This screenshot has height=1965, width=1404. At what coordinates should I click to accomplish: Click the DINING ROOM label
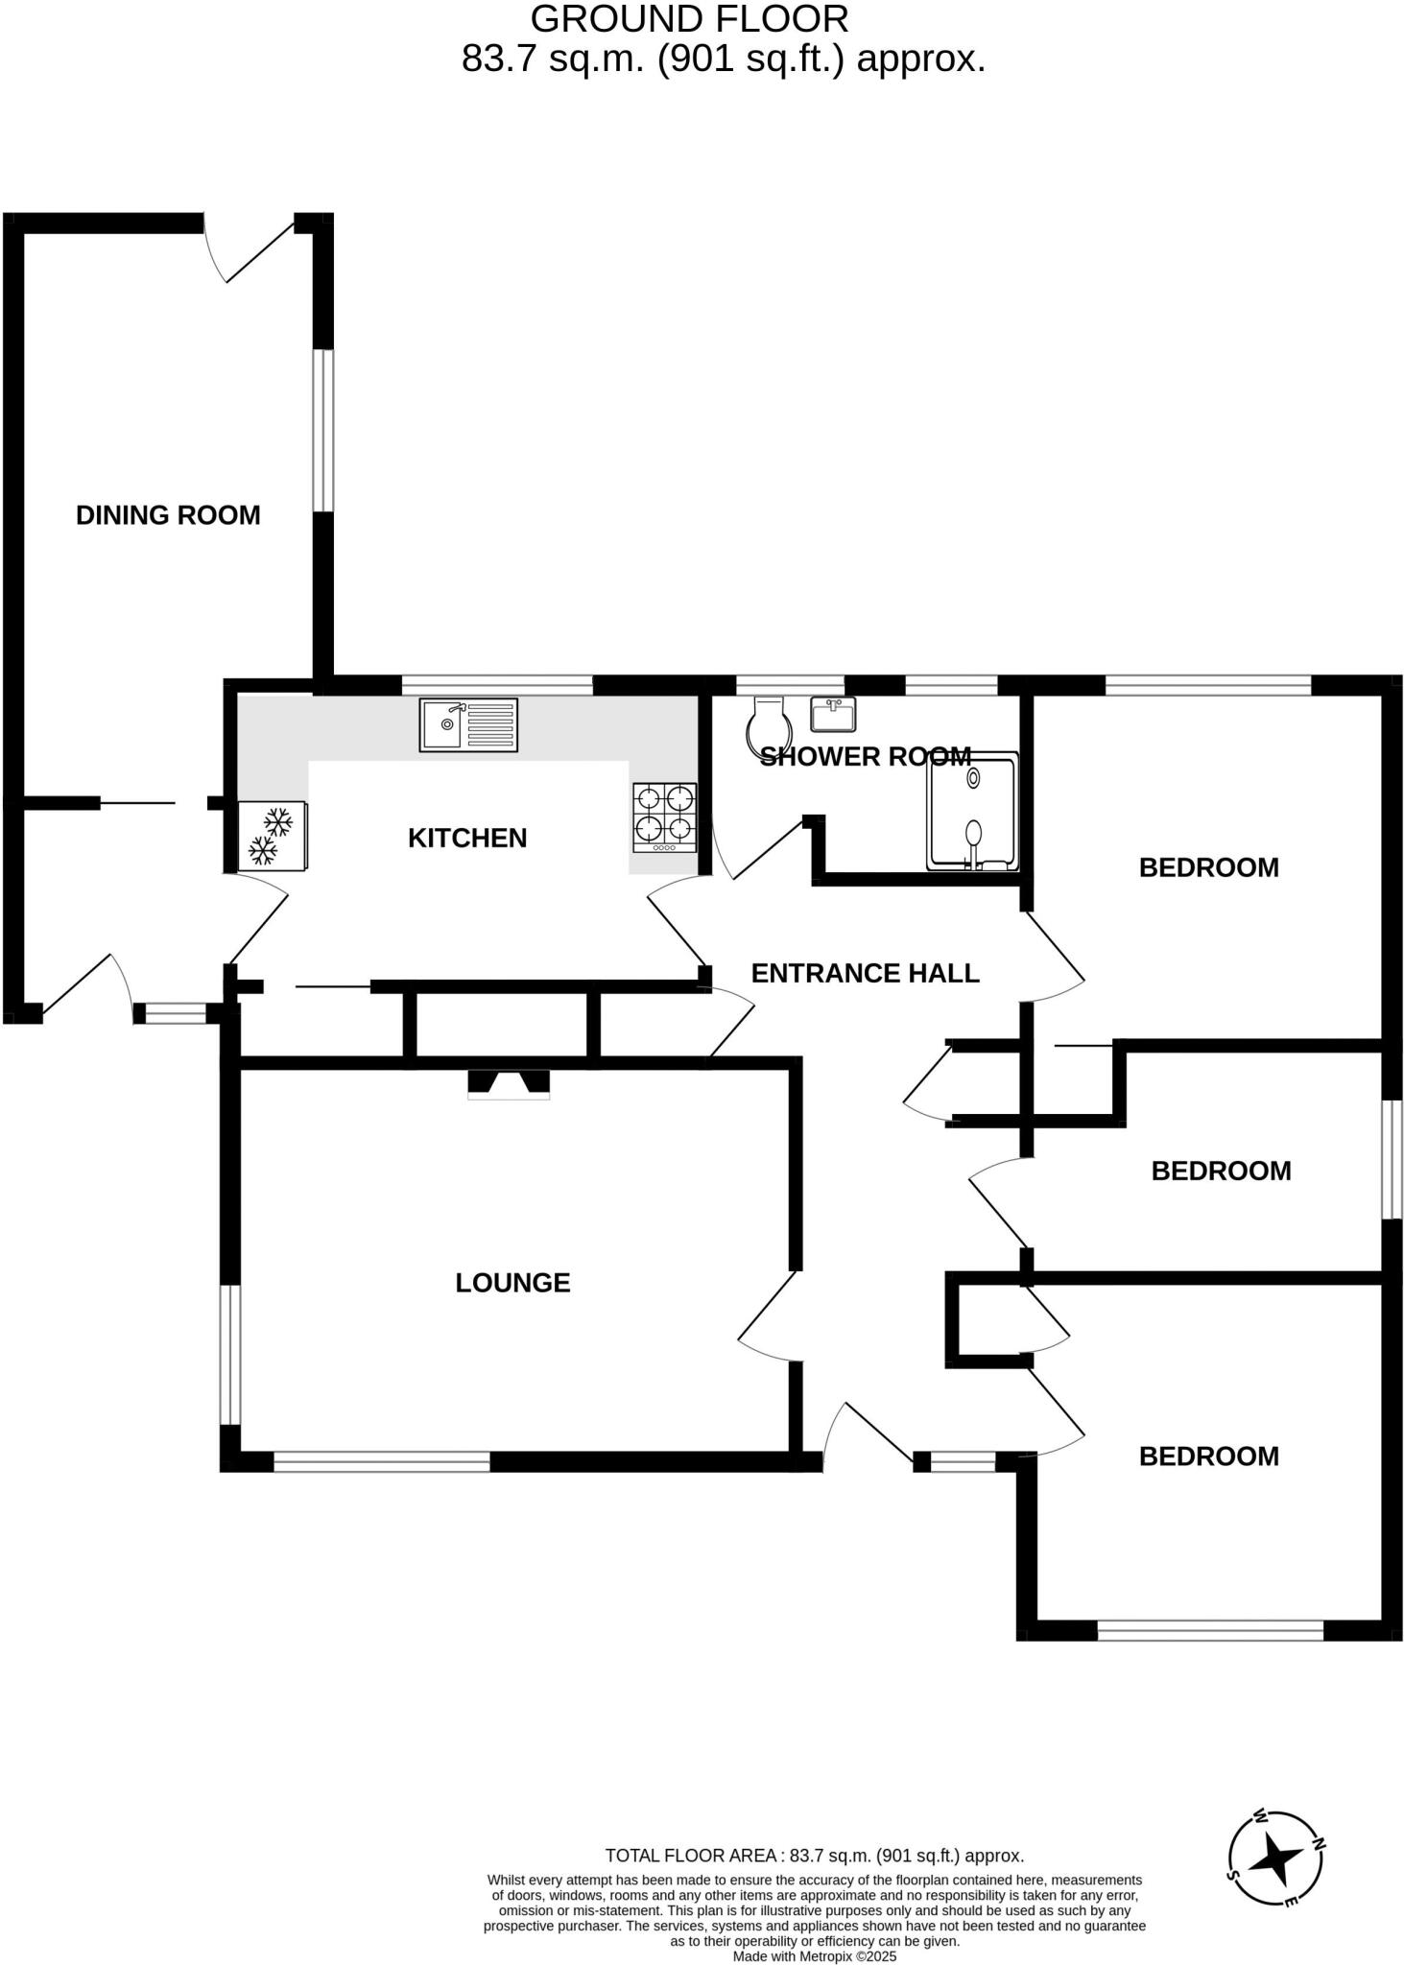[x=168, y=515]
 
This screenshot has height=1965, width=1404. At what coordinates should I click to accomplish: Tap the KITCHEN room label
[x=467, y=839]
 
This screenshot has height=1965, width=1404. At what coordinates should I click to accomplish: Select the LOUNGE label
[x=512, y=1283]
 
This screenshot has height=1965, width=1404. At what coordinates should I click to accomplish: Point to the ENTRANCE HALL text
[x=865, y=974]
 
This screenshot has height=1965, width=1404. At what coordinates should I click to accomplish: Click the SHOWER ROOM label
[x=865, y=757]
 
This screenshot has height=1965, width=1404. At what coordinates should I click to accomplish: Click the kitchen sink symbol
[x=468, y=724]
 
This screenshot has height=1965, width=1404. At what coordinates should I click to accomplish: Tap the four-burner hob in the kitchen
[x=664, y=817]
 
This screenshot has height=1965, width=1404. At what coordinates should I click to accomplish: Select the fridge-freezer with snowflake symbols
[x=273, y=836]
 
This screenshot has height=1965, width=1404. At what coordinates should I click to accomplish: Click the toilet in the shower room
[x=768, y=723]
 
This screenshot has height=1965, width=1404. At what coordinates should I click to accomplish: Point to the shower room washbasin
[x=832, y=713]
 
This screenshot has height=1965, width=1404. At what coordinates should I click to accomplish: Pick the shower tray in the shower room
[x=971, y=812]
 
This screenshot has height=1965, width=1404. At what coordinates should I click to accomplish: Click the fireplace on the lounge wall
[x=509, y=1083]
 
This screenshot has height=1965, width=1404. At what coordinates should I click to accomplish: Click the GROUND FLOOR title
[x=689, y=19]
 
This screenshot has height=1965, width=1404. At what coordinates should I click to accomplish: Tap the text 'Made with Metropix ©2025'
[x=814, y=1955]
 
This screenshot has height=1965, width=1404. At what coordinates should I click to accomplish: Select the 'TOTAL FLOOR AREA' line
[x=814, y=1856]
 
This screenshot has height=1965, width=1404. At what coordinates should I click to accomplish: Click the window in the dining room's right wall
[x=324, y=430]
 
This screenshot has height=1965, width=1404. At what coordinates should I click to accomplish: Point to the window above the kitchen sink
[x=496, y=685]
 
